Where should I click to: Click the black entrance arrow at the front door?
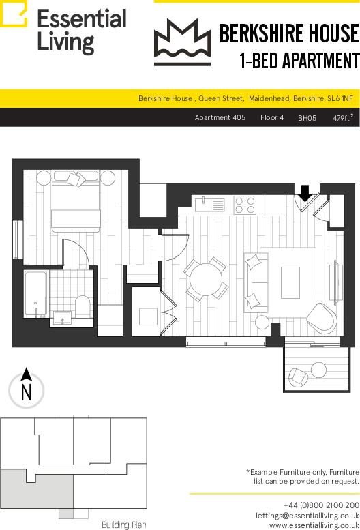coord(305,193)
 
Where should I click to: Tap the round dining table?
coord(206,280)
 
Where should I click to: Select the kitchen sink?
coord(210,205)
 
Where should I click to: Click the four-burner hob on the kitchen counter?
coord(245,205)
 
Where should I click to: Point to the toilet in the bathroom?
coord(82,306)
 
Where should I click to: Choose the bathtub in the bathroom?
coord(35,294)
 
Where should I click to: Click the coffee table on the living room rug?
coord(290,282)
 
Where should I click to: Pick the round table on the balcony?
coord(318,370)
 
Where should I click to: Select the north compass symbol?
coord(27,388)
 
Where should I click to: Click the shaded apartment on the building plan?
coord(36,490)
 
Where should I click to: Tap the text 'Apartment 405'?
coord(220,117)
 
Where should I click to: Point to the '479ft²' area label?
coord(343,117)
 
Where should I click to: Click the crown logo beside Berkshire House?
coord(182,42)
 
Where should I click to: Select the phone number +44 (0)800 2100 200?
coord(321,505)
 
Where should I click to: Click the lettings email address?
coord(307,516)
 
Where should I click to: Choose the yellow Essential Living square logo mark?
coord(14,14)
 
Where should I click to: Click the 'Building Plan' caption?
coord(124,525)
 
